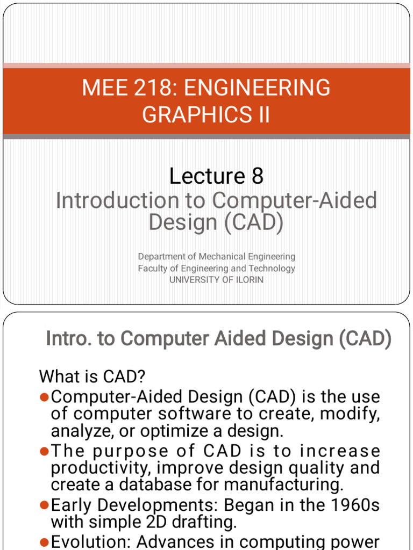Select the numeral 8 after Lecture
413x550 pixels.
tap(257, 176)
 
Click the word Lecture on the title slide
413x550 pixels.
tap(207, 176)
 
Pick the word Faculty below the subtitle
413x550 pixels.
tap(153, 268)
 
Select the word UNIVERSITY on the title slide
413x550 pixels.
tap(195, 279)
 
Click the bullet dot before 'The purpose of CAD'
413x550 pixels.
tap(45, 451)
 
